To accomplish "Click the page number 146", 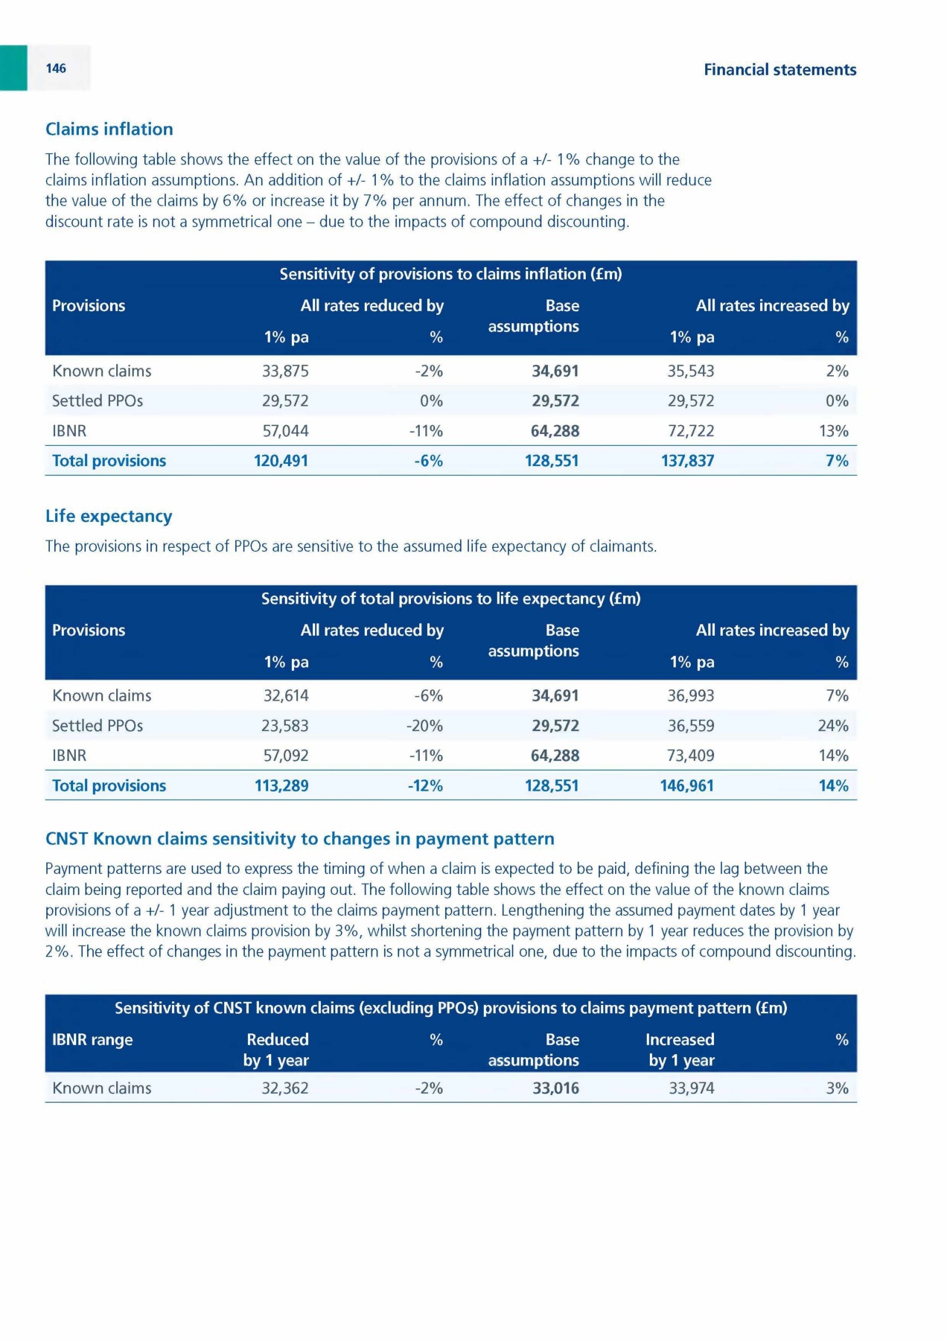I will (x=56, y=68).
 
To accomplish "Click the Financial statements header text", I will (x=779, y=70).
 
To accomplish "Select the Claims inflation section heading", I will (x=109, y=130).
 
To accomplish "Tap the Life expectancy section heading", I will (x=109, y=517).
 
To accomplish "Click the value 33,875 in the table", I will (x=285, y=371).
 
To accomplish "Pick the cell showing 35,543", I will (x=690, y=371).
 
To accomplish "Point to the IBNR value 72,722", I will (x=690, y=431).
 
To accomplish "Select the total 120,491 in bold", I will (x=281, y=461).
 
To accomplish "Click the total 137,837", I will (x=687, y=461).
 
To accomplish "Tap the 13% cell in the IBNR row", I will (x=833, y=431).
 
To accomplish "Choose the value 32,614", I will (x=286, y=696).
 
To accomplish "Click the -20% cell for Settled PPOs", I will (x=424, y=726).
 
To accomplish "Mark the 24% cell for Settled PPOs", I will (x=833, y=726).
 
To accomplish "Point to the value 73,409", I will (x=690, y=756).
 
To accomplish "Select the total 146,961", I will (x=686, y=786).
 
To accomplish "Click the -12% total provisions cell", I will (x=425, y=786).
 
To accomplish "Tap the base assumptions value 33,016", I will (x=555, y=1088).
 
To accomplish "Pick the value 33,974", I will (x=691, y=1088).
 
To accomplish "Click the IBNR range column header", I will (x=92, y=1040).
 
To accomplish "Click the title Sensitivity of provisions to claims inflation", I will (x=450, y=275).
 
